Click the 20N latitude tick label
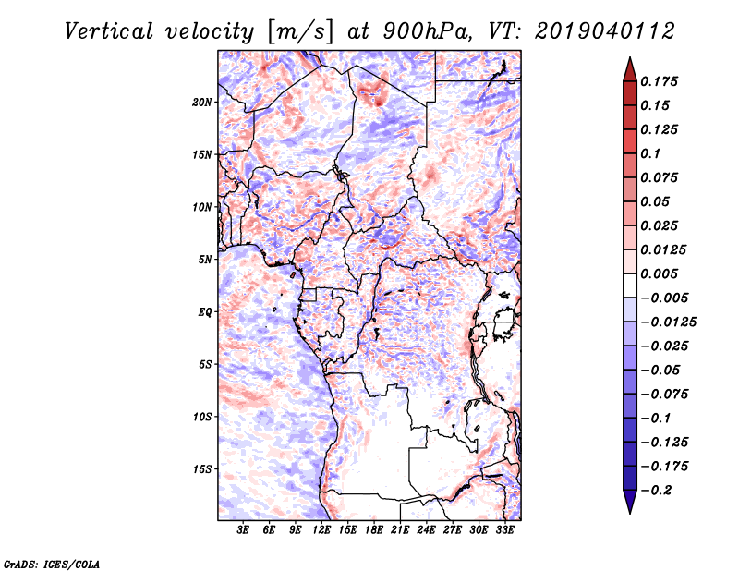(202, 102)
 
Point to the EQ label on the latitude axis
(205, 311)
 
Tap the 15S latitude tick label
(202, 468)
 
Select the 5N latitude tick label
(205, 259)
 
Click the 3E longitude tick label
(244, 530)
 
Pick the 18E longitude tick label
(374, 530)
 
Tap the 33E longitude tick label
(504, 530)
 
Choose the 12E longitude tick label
(321, 530)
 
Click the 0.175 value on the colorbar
(660, 81)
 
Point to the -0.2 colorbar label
(659, 490)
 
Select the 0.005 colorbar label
(660, 273)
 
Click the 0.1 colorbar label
(651, 153)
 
